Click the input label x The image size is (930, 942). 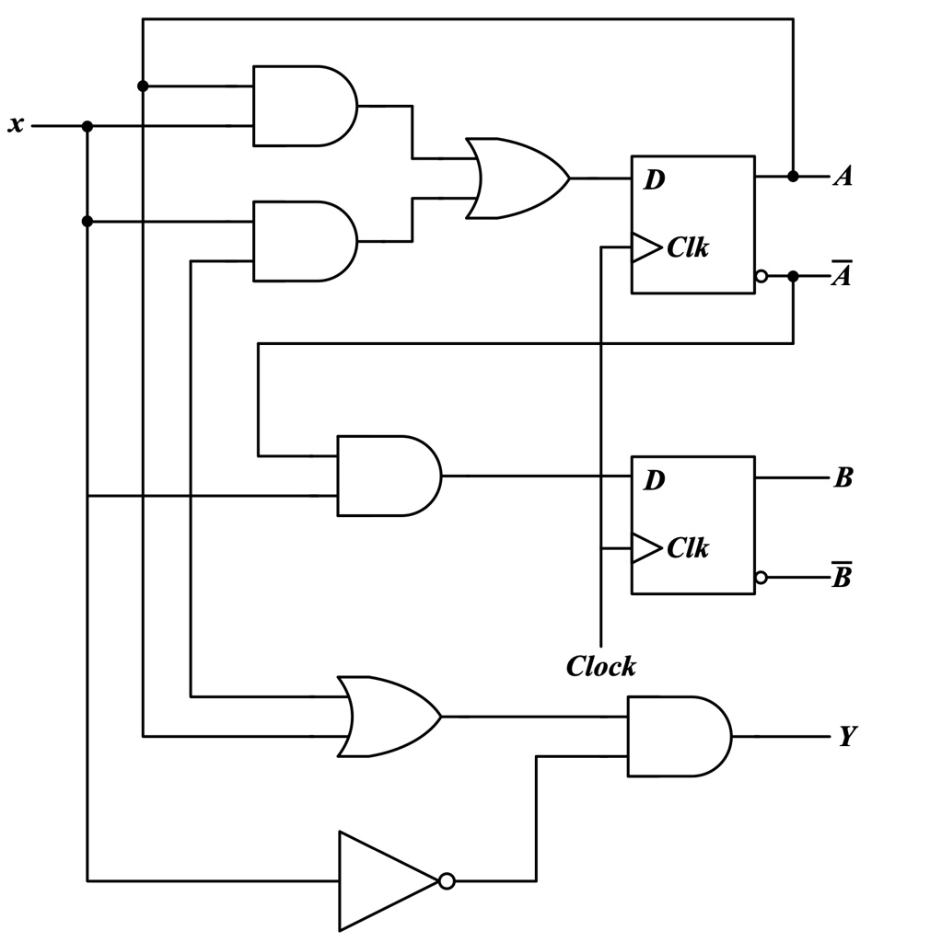16,124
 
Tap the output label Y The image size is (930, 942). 846,736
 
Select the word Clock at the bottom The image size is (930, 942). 600,666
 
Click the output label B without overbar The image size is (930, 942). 843,477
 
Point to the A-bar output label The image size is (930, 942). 842,274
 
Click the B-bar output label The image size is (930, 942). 842,577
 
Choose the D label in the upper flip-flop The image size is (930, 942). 654,180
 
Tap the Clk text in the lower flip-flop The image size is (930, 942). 687,548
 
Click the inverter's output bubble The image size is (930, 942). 447,881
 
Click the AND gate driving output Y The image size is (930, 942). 677,736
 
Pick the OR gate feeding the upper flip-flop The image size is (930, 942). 514,178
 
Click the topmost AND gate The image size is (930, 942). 302,106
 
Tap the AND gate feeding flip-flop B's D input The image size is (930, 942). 387,476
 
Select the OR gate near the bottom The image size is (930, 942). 387,717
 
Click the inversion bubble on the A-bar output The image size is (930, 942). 761,276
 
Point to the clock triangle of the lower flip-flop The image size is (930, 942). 645,548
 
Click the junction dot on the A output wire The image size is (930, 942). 793,176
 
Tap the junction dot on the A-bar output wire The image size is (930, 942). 793,276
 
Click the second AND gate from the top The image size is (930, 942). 302,241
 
